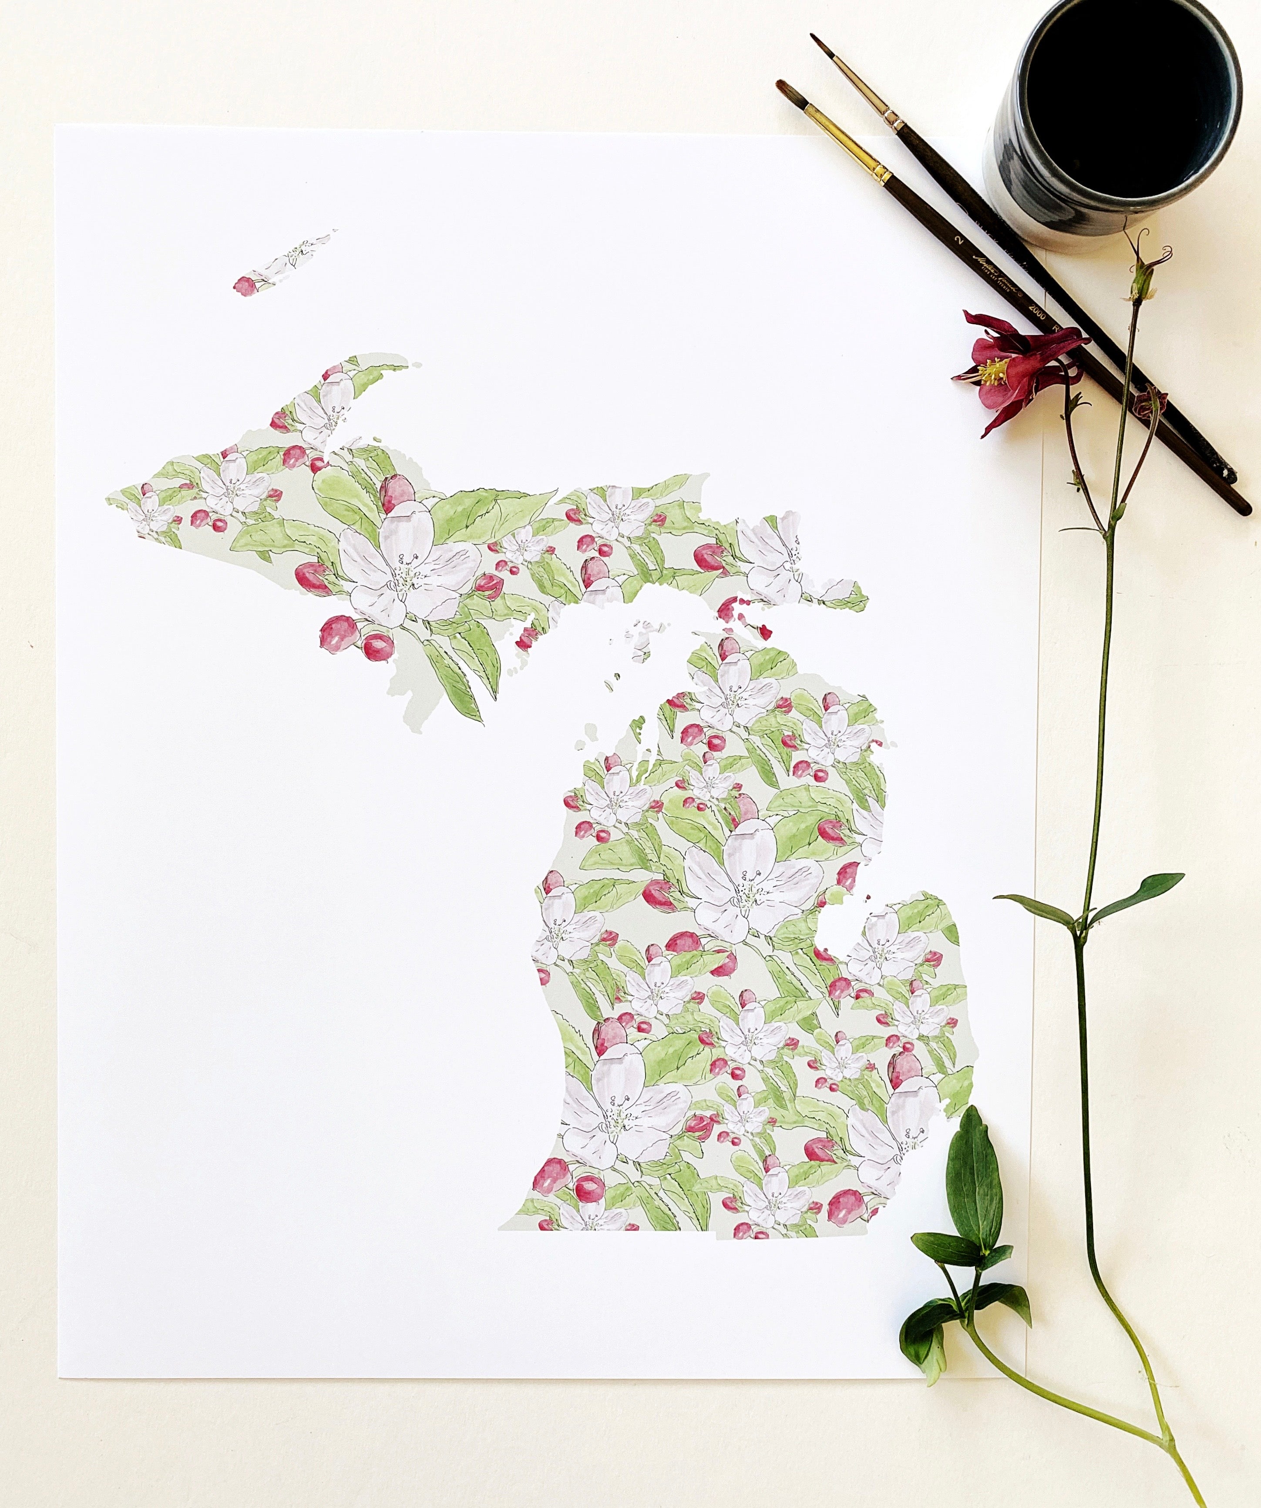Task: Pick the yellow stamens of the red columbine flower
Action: point(993,370)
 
